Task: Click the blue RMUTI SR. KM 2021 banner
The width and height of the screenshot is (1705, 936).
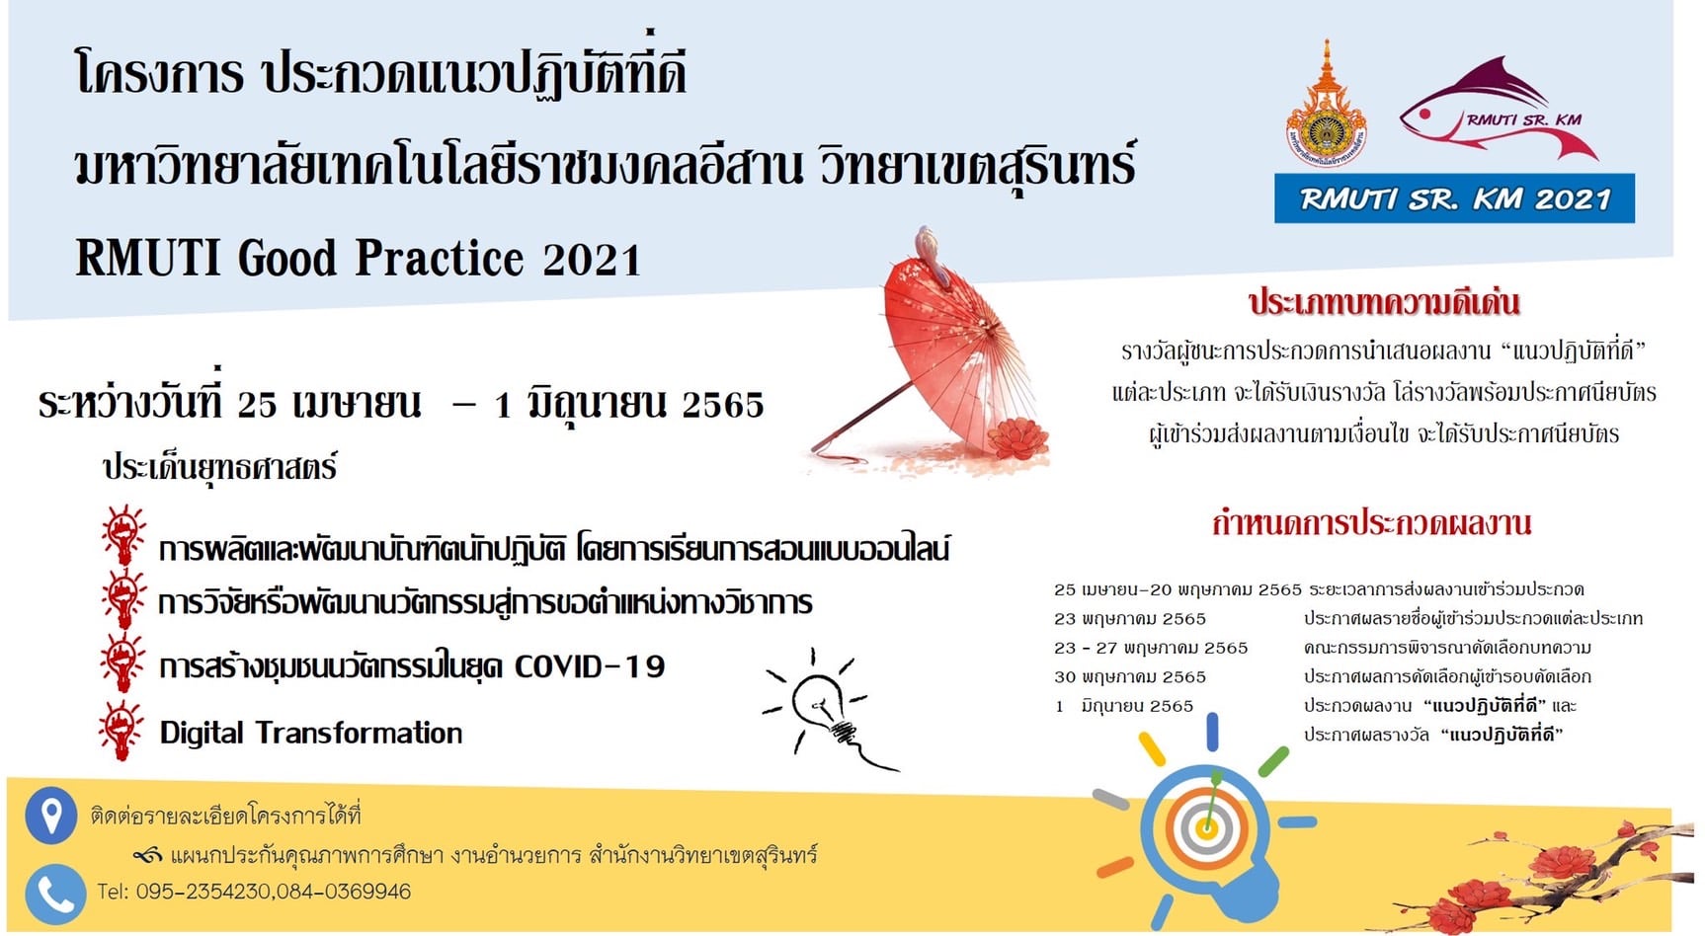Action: (x=1454, y=198)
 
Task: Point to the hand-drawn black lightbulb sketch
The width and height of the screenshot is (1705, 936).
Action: (x=828, y=709)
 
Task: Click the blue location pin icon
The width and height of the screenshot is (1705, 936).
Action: (x=50, y=816)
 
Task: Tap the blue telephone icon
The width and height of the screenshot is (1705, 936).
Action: (x=54, y=894)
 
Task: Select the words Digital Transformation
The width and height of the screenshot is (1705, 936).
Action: (x=311, y=733)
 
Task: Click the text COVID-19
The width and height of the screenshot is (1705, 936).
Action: (x=590, y=666)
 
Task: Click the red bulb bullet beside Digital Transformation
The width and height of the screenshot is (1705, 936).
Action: (x=122, y=731)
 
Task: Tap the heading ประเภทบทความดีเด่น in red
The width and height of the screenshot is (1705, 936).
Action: (x=1384, y=302)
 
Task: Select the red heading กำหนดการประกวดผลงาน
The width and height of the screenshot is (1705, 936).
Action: (x=1372, y=522)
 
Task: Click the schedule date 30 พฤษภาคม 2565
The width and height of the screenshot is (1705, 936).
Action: (x=1130, y=677)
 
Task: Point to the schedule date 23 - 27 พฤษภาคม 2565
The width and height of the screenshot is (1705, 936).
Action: (x=1151, y=649)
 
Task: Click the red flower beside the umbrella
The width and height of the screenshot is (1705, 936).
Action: (x=1016, y=437)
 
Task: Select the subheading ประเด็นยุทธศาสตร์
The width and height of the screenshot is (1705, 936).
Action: (x=219, y=467)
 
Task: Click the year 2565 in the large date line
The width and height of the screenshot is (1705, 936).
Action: (x=723, y=405)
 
